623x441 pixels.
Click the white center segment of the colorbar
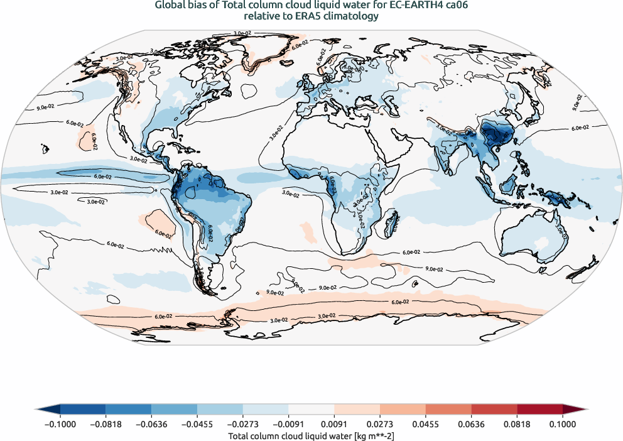tap(311, 409)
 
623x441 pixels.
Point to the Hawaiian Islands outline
tap(45, 149)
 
